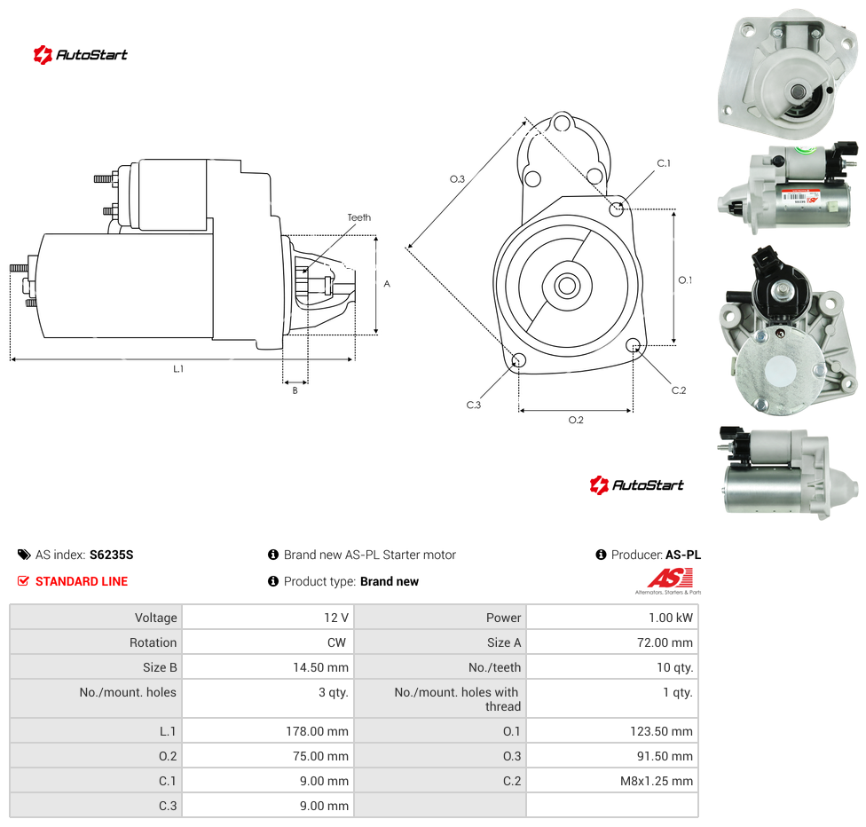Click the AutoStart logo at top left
tap(80, 55)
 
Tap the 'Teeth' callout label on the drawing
tap(359, 217)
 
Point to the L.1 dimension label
tap(178, 369)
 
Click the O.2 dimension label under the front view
tap(576, 421)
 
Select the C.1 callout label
tap(664, 163)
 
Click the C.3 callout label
tap(473, 405)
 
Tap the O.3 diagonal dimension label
tap(457, 179)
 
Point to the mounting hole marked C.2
tap(634, 346)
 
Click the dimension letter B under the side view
tap(295, 390)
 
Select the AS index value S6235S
tap(112, 555)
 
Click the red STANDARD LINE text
tap(82, 581)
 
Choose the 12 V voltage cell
tap(269, 617)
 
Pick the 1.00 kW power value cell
tap(612, 617)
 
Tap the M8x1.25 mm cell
tap(612, 781)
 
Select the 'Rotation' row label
tap(153, 642)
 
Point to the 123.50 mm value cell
tap(612, 731)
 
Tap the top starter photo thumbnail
tap(788, 73)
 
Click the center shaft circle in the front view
tap(567, 286)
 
